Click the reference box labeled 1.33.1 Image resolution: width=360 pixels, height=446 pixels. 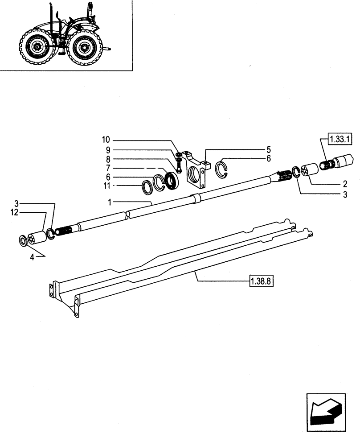(x=340, y=140)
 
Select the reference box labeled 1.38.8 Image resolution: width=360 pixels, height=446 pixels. (x=260, y=281)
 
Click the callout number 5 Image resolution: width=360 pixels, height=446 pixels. (x=268, y=149)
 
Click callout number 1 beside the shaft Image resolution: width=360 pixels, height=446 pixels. (x=109, y=202)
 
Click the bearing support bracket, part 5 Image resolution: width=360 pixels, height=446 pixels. (x=197, y=170)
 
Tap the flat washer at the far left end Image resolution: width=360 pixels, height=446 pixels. (x=23, y=241)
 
